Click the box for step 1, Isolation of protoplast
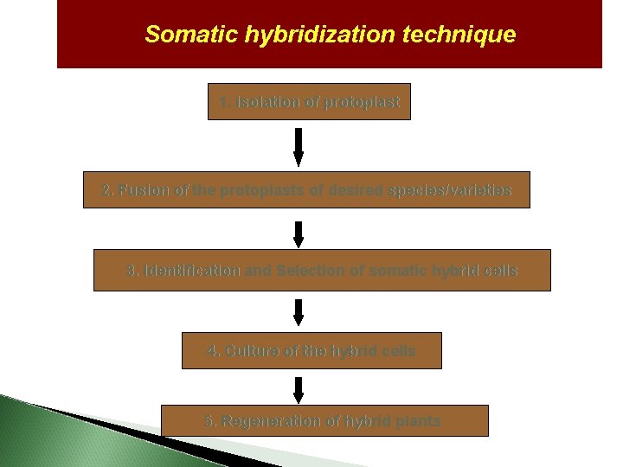coord(309,102)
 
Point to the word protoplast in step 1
coord(362,102)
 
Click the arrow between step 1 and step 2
coord(299,147)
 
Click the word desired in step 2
coord(356,190)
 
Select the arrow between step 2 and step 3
coord(299,234)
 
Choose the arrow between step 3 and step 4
coord(299,312)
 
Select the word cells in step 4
coord(396,351)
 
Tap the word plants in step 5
coord(419,421)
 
